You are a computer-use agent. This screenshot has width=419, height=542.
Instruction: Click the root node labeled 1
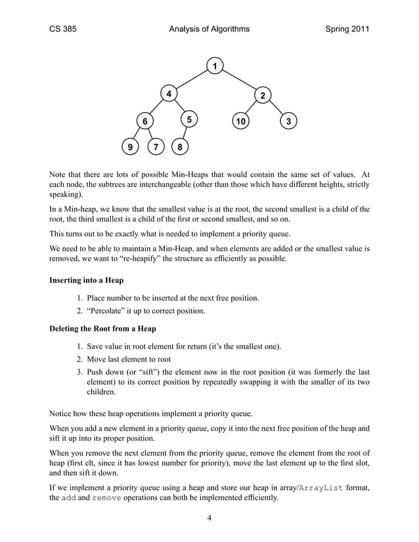214,65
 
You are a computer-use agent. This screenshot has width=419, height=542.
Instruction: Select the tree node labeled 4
169,94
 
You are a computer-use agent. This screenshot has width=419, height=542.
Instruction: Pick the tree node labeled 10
241,121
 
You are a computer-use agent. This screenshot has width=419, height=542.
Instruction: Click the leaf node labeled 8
179,147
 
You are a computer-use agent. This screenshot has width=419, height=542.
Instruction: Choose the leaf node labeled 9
130,147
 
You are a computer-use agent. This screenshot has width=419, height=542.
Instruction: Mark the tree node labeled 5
189,119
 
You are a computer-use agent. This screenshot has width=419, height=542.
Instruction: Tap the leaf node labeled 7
156,147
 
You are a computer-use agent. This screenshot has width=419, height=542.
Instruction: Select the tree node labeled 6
144,121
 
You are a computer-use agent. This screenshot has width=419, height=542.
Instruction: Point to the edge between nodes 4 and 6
156,108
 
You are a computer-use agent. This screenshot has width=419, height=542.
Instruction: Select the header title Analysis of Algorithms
209,29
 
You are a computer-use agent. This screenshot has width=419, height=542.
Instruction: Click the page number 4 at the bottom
209,518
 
